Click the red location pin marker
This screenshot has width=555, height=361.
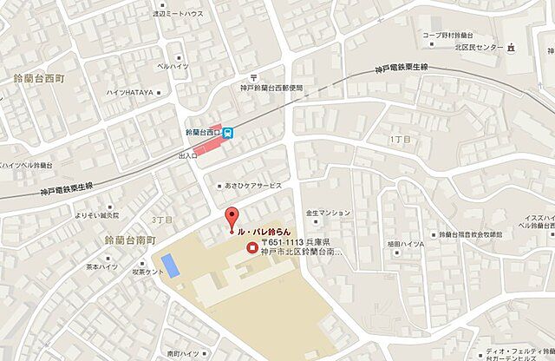point(231,220)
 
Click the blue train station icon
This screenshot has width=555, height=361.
point(228,133)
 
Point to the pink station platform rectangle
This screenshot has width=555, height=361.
point(212,148)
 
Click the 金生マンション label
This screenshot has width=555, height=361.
point(329,213)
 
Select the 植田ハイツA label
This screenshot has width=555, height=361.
point(406,244)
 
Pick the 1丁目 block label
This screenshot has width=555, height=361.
point(399,139)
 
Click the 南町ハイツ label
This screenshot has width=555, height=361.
point(184,353)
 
